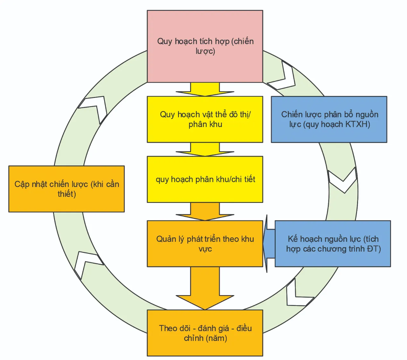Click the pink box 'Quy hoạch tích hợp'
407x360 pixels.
205,46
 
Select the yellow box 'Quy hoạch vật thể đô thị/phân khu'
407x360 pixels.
205,119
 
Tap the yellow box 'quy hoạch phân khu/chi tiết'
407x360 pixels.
205,179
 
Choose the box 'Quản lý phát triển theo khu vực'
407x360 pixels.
205,244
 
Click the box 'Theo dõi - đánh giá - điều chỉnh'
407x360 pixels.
205,333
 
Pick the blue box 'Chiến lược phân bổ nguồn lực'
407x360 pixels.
329,119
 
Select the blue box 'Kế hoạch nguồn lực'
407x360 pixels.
333,244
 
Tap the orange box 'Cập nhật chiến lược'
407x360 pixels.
66,189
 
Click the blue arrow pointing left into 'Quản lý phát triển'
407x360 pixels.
269,244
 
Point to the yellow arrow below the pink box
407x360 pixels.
205,89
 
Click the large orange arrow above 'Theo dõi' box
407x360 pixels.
205,288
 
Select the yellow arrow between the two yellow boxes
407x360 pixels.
205,149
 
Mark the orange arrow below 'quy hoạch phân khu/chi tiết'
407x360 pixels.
205,211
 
